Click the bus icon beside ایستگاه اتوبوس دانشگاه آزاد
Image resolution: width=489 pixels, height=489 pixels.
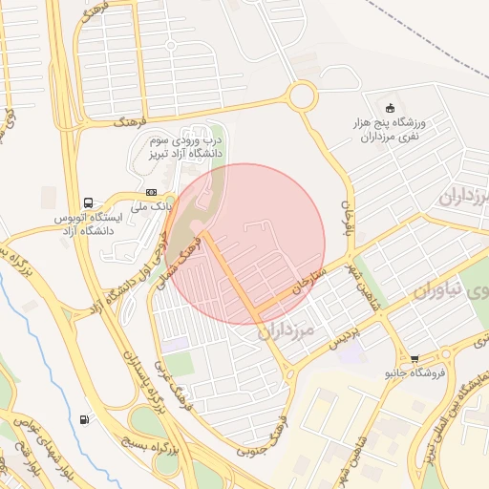[89, 202]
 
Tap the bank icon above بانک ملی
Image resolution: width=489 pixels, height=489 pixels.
[151, 193]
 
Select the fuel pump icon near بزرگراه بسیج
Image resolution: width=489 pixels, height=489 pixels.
[87, 418]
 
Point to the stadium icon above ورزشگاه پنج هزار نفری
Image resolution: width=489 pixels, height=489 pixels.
[389, 106]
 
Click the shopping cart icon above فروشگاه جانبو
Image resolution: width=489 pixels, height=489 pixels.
[415, 359]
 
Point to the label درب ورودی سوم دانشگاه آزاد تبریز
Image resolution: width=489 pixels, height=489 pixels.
[184, 146]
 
